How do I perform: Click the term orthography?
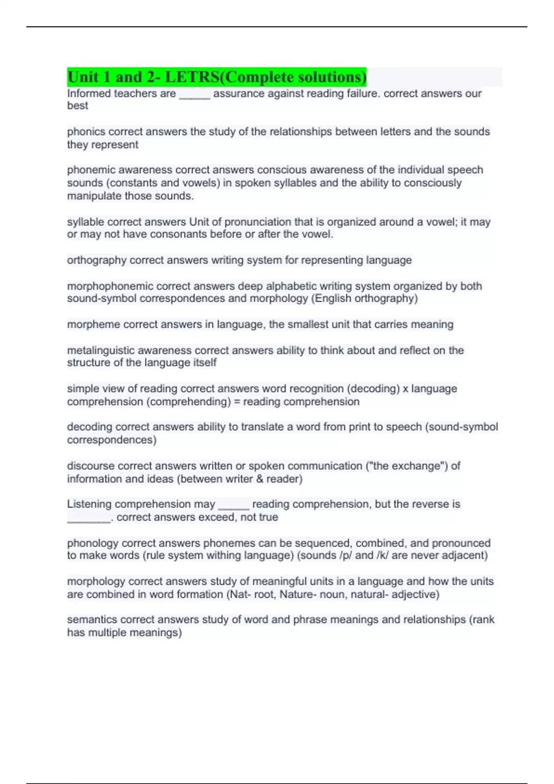(96, 260)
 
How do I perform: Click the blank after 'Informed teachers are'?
(194, 95)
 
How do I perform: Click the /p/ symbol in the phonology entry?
(345, 555)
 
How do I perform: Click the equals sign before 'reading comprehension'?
(237, 402)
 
